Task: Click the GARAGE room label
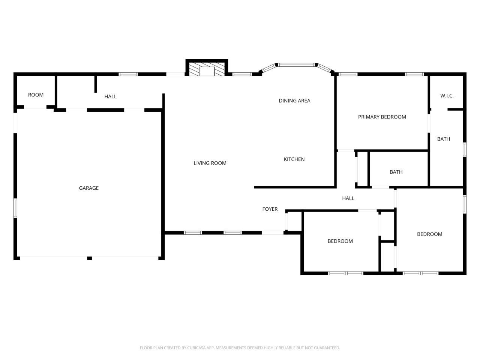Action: [88, 188]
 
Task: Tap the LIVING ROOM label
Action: [210, 163]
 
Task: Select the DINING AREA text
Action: [294, 100]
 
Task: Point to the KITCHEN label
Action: [294, 159]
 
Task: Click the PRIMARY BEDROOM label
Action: [382, 117]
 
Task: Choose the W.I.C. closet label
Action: [447, 96]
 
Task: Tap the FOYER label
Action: [270, 209]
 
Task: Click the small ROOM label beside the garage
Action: [36, 95]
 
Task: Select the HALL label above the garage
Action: [110, 96]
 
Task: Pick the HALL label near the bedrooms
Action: [348, 198]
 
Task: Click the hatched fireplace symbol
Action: [207, 69]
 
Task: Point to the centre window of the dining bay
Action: [296, 65]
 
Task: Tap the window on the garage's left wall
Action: [15, 208]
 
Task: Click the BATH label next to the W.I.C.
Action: [443, 139]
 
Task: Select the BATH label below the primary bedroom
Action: [396, 172]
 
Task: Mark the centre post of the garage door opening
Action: [89, 258]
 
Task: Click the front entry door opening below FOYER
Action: [273, 233]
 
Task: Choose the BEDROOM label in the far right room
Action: [429, 234]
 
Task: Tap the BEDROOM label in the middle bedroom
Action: [340, 241]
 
